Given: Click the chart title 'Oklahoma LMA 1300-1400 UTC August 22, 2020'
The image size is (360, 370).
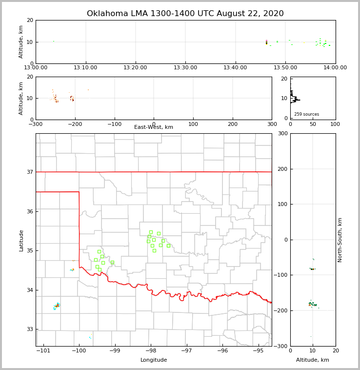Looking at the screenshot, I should pos(185,14).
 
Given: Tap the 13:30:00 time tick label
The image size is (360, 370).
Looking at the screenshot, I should pos(185,68).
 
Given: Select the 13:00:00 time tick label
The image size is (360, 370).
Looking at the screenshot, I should pos(36,68).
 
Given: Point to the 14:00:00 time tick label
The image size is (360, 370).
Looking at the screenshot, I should pos(335,68).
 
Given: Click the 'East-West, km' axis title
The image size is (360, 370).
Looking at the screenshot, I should pos(154,127).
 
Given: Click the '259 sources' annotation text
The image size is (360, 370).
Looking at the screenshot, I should pos(306,114).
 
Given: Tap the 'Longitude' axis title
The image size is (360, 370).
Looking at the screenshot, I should pos(154,360).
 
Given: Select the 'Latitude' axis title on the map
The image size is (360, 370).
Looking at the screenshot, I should pos(21,240).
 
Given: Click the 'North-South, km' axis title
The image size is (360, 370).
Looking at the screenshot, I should pos(340,240).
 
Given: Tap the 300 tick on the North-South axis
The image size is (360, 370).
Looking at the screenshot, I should pos(282,134).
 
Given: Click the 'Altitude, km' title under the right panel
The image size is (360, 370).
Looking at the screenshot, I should pos(313,360).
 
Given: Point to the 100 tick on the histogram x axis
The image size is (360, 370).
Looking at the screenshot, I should pos(335,124).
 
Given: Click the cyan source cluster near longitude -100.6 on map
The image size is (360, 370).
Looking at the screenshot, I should pos(57,306).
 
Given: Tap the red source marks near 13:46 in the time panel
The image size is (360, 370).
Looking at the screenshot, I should pos(266,42).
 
